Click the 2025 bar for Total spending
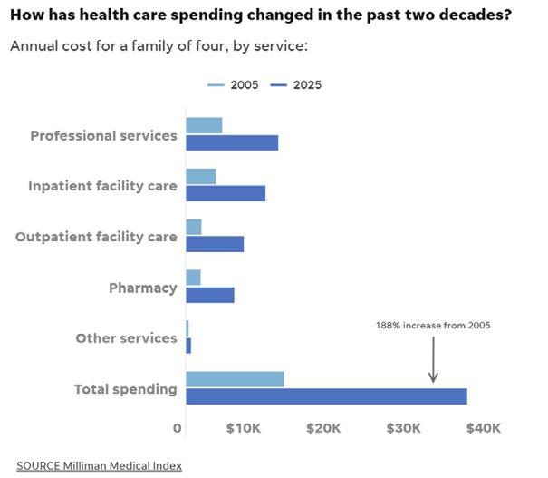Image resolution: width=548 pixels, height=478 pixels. (326, 396)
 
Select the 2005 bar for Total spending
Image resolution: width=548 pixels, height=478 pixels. (235, 379)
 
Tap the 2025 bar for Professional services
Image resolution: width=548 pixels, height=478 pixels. (232, 142)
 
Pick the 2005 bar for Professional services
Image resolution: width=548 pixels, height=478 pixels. (204, 125)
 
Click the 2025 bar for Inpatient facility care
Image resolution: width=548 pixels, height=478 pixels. (226, 193)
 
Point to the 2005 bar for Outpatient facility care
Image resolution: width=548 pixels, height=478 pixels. (194, 227)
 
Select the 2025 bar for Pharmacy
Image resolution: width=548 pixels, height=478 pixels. (210, 295)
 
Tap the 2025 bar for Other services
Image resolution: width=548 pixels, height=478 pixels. (188, 346)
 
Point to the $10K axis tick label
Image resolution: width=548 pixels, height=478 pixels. (243, 428)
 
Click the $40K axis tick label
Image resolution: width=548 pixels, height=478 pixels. (483, 428)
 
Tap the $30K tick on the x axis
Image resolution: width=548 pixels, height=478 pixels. (403, 428)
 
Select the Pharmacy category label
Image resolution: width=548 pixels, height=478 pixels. (142, 288)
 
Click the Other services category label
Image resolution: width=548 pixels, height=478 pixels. (126, 338)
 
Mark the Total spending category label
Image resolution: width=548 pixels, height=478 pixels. (125, 389)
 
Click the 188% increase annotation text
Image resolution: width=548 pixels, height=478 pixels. (433, 325)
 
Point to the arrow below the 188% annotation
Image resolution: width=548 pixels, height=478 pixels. (433, 359)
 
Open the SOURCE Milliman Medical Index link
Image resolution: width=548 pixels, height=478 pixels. (99, 465)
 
